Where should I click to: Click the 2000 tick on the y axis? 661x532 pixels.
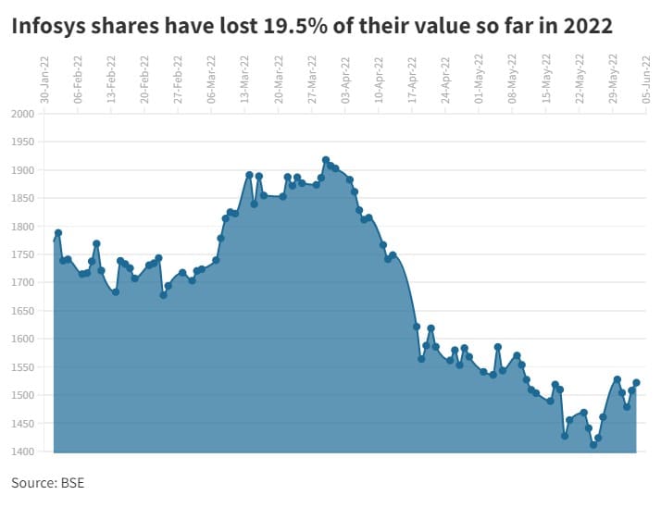click(21, 114)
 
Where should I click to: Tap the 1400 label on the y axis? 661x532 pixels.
click(21, 452)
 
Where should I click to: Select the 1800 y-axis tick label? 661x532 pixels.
click(21, 227)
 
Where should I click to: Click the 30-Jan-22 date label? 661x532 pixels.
click(44, 79)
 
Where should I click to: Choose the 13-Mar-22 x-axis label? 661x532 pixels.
click(245, 79)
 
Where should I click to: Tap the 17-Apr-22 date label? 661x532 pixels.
click(413, 79)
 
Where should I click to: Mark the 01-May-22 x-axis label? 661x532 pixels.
click(480, 79)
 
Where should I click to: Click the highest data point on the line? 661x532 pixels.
click(326, 160)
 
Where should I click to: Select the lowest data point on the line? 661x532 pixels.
click(593, 445)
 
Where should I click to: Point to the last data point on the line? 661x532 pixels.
click(637, 383)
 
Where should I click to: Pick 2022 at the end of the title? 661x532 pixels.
click(588, 27)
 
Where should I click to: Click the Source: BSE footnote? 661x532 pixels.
click(47, 483)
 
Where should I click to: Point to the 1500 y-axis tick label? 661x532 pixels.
click(21, 395)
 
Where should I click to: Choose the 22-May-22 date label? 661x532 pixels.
click(580, 79)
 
